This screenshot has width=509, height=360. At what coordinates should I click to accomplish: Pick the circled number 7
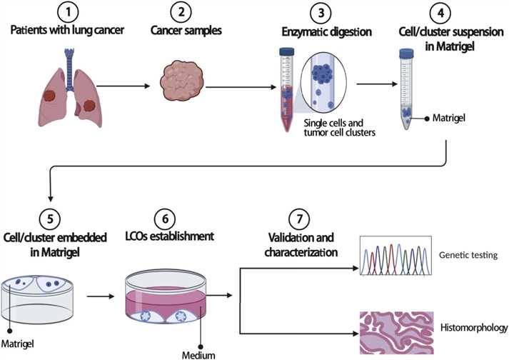300,216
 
